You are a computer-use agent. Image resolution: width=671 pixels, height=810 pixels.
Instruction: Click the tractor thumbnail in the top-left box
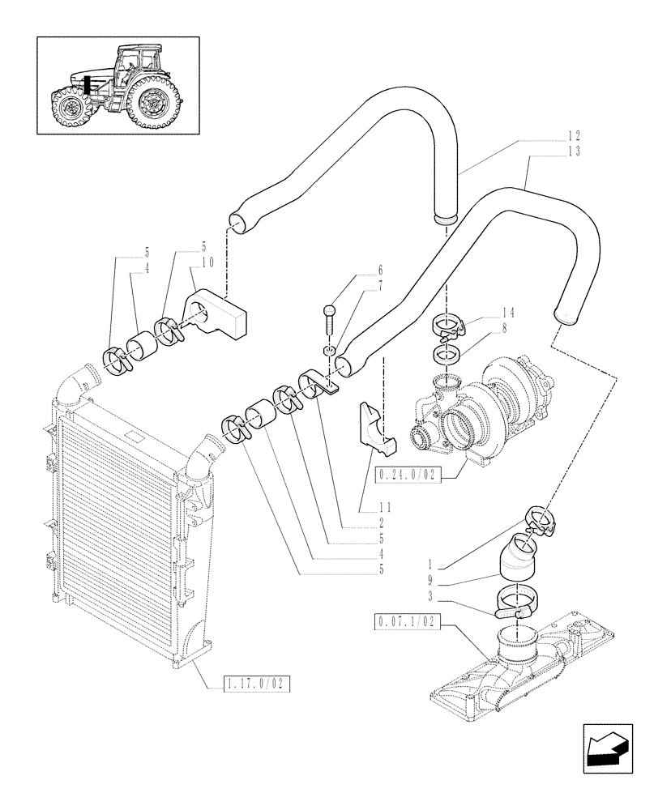pyautogui.click(x=118, y=85)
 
